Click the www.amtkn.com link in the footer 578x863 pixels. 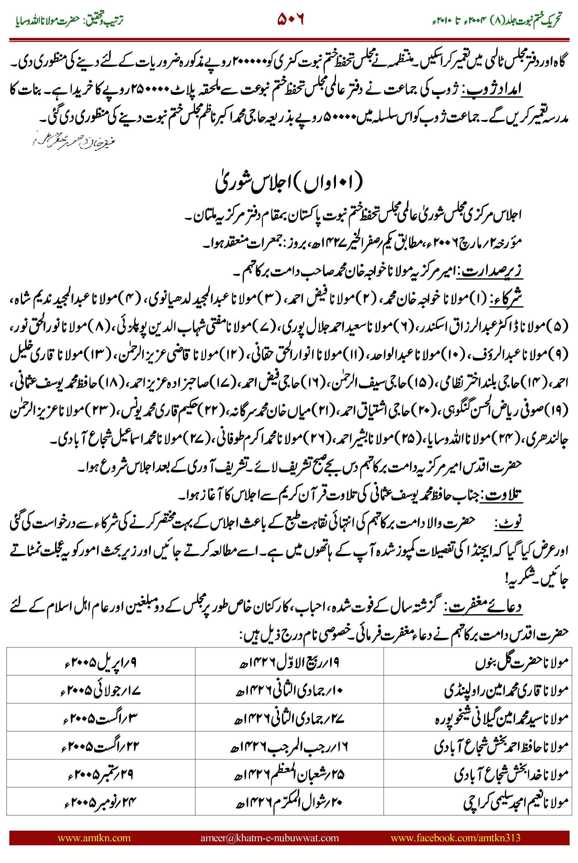tap(94, 837)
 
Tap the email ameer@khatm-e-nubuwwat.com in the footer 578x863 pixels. tap(269, 837)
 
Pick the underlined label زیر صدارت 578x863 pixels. tap(491, 271)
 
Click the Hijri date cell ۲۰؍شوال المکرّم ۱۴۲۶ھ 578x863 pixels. tap(289, 802)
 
